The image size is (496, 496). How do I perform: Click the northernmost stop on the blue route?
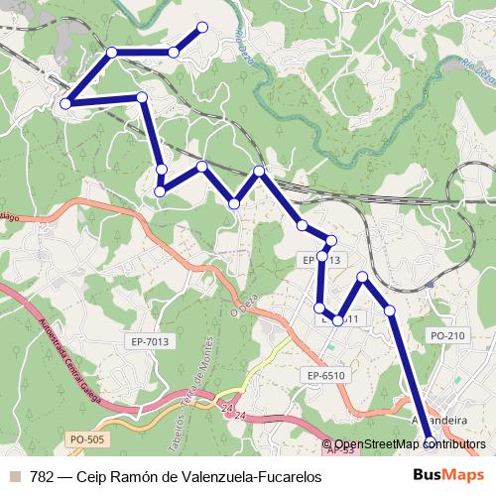[202, 27]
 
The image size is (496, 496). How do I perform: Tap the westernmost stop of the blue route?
[65, 102]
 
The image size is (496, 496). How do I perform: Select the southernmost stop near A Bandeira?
[430, 441]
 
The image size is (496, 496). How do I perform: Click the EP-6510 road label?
[325, 376]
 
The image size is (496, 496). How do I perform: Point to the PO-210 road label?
[447, 336]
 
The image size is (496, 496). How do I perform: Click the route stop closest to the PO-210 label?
[390, 311]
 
